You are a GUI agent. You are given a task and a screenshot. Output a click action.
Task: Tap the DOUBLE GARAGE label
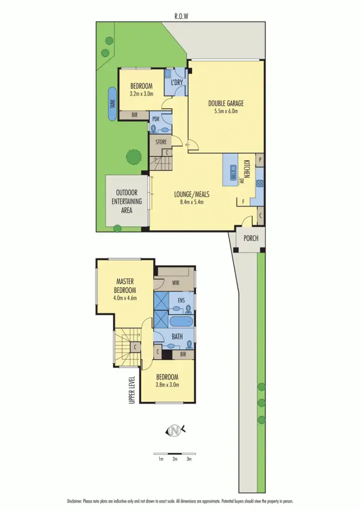coord(226,104)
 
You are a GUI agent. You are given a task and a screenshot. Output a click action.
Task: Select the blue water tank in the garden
coord(113,104)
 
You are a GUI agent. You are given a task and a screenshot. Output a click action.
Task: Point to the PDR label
coord(155,119)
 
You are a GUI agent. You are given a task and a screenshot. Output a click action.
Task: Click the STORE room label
coord(160,142)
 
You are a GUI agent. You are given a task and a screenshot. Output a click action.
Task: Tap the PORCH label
coord(250,238)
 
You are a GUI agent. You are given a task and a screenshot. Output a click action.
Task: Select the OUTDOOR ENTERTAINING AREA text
coord(126,201)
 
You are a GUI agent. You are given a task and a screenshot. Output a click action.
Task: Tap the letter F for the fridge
coord(242,202)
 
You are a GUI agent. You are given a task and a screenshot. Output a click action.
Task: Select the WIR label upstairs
coord(175,282)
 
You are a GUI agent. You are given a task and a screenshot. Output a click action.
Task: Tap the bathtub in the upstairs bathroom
coord(180,321)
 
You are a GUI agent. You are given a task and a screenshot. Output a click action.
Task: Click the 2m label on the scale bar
coord(175,459)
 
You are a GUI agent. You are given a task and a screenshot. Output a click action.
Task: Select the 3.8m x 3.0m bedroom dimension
coord(167,384)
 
